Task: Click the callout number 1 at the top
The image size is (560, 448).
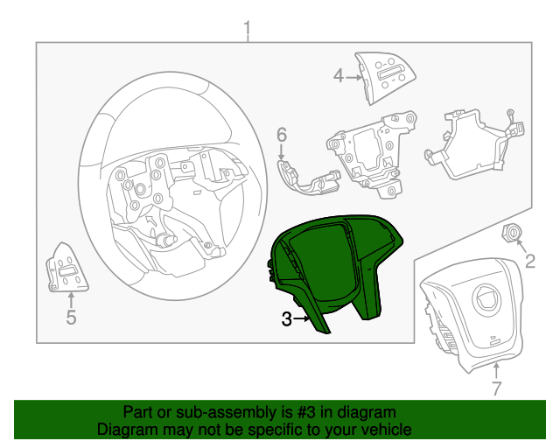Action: pos(247,32)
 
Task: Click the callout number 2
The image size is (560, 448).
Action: pos(529,260)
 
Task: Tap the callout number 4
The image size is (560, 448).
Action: pos(339,76)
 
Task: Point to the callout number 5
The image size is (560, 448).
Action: pos(71,318)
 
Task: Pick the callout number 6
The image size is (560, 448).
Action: pos(282,135)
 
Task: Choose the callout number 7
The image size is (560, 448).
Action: pos(496,388)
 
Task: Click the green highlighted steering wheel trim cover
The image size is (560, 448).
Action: pos(337,262)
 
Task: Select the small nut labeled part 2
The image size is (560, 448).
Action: pos(512,233)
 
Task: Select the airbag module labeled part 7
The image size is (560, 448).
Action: pos(472,315)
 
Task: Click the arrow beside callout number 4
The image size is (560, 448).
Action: pos(354,77)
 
